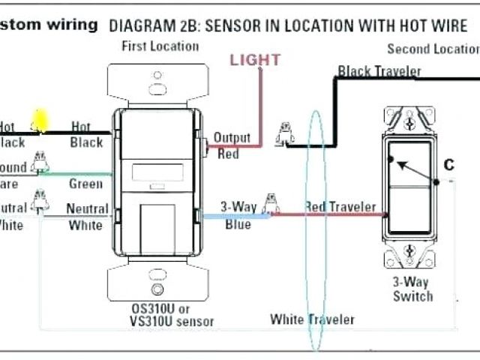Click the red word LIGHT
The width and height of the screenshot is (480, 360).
(255, 59)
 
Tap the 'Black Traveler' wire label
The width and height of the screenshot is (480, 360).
(379, 71)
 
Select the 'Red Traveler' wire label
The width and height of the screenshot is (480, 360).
(340, 206)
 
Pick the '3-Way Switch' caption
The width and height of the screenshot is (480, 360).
(412, 289)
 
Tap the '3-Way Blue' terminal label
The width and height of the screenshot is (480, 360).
(238, 214)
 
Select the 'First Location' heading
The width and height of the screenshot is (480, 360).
(160, 46)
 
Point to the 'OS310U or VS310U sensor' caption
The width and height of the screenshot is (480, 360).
(160, 315)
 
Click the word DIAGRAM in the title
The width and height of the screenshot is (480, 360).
(139, 25)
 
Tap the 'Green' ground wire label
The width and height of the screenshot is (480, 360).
(85, 184)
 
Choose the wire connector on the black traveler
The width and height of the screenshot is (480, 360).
(284, 133)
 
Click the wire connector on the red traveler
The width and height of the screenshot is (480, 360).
(273, 202)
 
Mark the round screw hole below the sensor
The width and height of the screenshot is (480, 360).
(158, 290)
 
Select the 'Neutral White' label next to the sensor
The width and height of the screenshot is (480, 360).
(87, 216)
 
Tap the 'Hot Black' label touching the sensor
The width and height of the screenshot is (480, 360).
(86, 134)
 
